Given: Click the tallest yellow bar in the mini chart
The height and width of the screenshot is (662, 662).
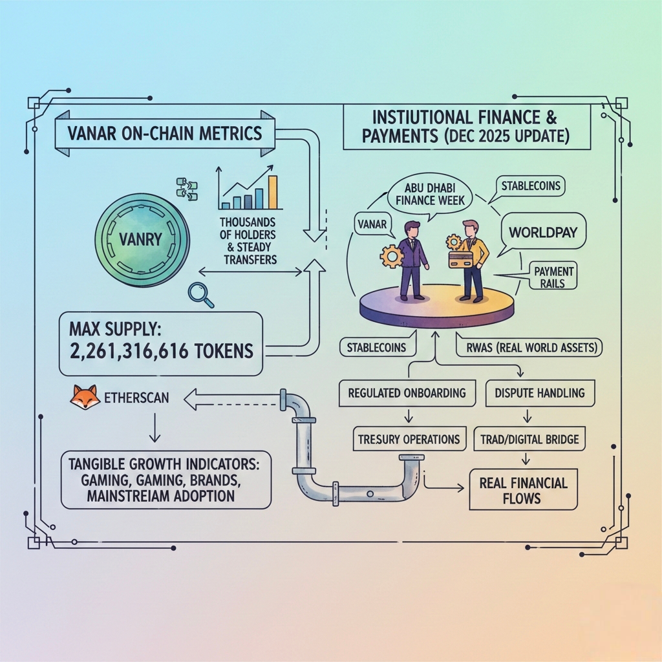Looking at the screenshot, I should [273, 192].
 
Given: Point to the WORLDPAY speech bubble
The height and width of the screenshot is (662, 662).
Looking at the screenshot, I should [543, 231].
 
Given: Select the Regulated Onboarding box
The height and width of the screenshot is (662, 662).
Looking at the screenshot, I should [407, 393].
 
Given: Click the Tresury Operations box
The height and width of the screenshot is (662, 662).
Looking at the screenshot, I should [409, 439].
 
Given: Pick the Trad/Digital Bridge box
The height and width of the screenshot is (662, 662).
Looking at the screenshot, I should [529, 440].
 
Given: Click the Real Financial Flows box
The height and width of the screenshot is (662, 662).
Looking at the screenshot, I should [524, 491].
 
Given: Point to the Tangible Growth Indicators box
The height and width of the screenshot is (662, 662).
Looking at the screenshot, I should [166, 479].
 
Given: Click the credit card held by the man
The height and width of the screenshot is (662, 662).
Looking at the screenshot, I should [460, 259].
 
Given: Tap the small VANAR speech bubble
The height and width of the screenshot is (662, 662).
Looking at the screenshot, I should [372, 224].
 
